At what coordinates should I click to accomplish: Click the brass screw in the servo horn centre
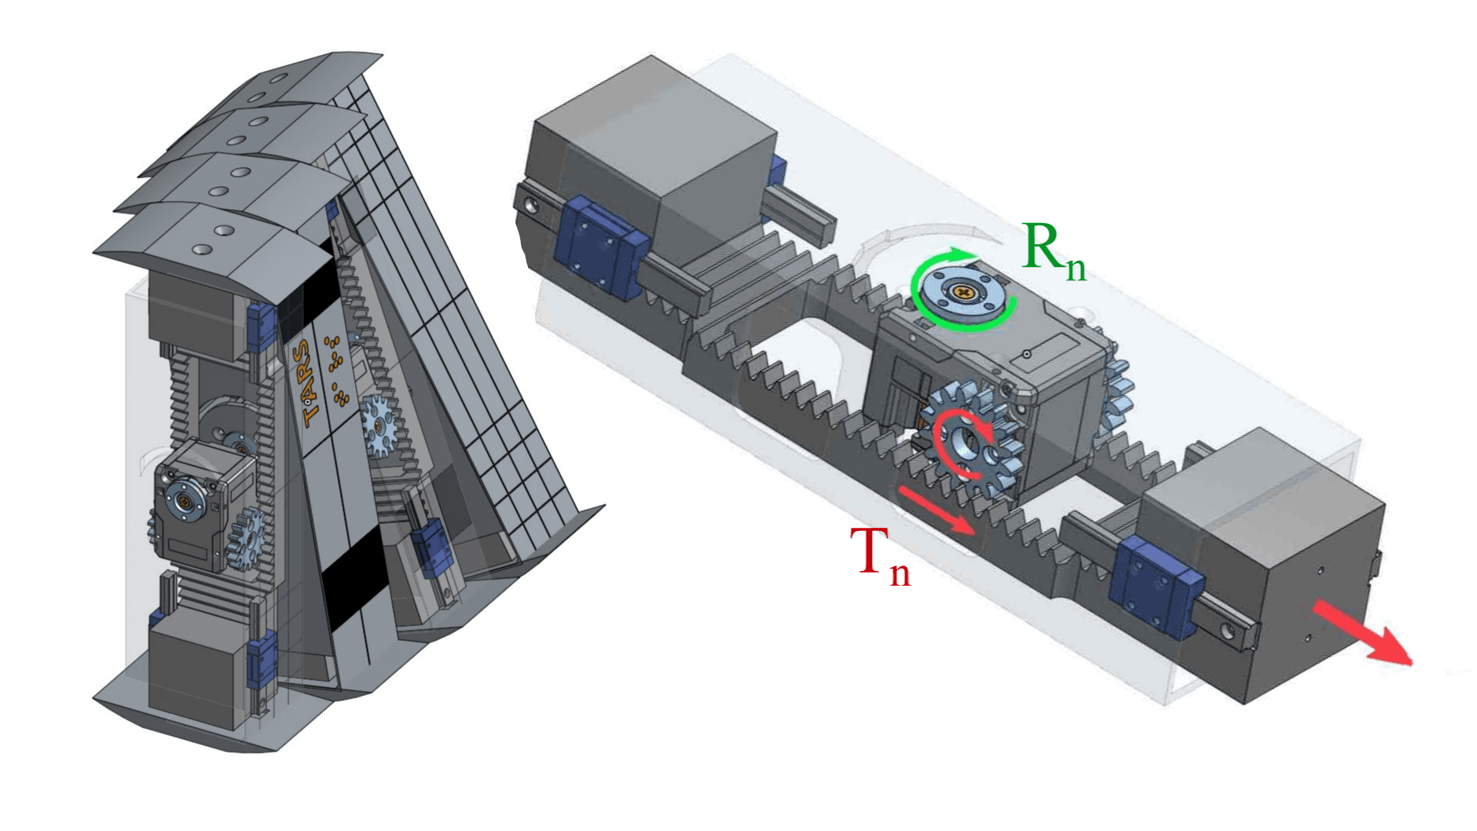point(964,291)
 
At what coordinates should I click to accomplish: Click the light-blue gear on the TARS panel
point(379,425)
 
